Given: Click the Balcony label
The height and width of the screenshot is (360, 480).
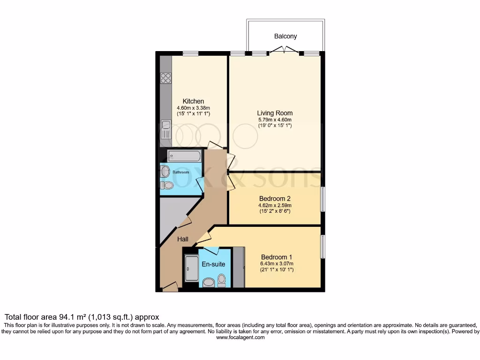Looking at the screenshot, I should pos(285,36).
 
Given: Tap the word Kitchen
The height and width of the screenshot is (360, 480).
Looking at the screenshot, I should pos(193,101).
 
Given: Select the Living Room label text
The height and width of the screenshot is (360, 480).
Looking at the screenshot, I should pos(275,113).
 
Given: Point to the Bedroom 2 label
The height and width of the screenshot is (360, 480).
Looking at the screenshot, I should pos(275,198).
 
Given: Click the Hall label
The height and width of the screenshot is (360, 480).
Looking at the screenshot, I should pos(183,239).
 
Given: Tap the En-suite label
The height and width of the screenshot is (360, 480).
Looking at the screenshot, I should pos(213,264).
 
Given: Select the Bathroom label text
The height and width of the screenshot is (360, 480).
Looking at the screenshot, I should pos(180,172).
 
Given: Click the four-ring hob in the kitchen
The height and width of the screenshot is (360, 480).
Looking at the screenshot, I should pos(165,78).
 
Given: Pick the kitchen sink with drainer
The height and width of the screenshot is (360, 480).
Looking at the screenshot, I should pos(165,129).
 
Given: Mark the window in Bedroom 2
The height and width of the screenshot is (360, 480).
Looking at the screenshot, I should pos(322,200).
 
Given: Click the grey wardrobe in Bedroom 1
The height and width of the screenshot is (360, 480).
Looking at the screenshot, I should pos(239,267).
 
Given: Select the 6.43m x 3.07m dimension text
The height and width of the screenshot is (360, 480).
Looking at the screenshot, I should pos(277,263).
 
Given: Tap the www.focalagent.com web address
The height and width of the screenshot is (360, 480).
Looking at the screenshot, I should pos(240,337).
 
